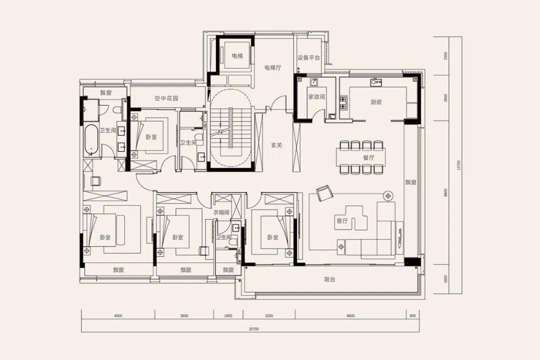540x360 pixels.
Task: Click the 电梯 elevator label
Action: (x=237, y=55)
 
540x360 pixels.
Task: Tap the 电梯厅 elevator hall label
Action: (x=273, y=67)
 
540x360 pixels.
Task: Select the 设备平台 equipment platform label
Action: (x=309, y=57)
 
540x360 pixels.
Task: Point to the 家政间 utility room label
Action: (x=316, y=97)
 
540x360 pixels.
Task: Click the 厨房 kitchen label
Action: (x=376, y=102)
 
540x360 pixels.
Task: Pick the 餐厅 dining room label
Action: (x=368, y=158)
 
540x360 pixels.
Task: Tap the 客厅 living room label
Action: (x=342, y=221)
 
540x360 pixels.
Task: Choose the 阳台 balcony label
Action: (x=329, y=279)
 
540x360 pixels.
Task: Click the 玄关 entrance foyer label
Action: (x=276, y=145)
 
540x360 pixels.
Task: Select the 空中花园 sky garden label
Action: (x=166, y=98)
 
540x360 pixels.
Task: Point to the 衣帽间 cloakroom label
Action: (x=221, y=212)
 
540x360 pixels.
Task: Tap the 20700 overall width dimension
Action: (x=254, y=329)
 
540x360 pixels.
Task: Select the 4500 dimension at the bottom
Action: (x=118, y=315)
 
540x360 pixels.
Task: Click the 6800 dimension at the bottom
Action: (x=350, y=315)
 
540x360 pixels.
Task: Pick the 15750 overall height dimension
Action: (x=458, y=165)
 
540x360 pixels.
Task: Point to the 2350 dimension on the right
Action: (x=445, y=56)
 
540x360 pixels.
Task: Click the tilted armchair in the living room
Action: (x=324, y=193)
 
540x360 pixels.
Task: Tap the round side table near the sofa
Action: (x=388, y=196)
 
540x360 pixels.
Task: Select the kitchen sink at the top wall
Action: (x=375, y=82)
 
